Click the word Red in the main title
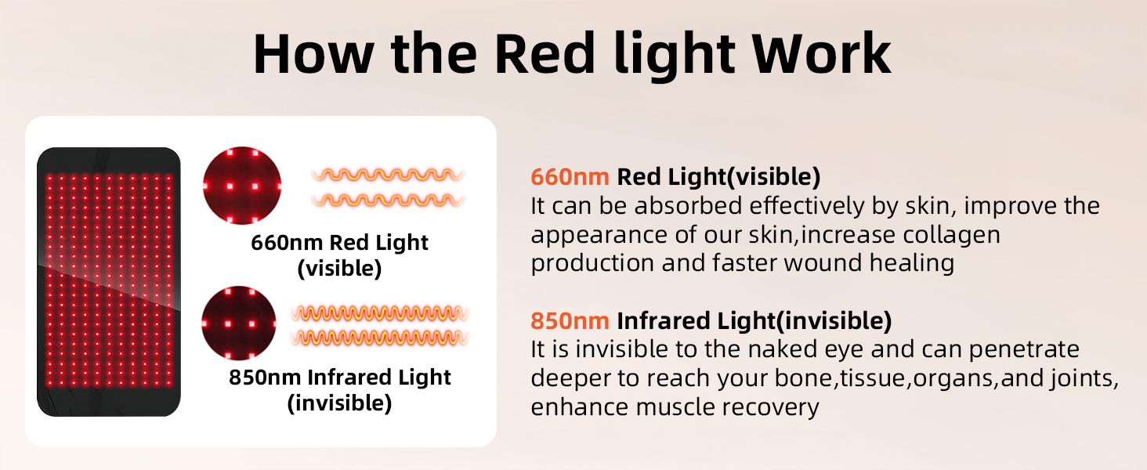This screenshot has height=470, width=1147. [545, 54]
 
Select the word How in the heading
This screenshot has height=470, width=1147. [313, 54]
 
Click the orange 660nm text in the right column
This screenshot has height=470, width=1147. [570, 176]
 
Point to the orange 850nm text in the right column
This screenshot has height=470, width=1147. [570, 321]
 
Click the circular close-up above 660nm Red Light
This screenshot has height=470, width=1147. [242, 186]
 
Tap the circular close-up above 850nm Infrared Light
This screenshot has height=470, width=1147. [239, 323]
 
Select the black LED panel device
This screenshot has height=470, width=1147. [109, 281]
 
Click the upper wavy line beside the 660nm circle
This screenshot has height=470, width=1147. [388, 175]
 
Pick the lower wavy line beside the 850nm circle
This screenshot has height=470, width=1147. [379, 338]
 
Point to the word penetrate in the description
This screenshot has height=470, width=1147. [1024, 350]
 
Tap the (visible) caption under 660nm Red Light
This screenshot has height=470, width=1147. [339, 268]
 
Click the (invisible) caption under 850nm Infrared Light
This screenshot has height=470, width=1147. [339, 403]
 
